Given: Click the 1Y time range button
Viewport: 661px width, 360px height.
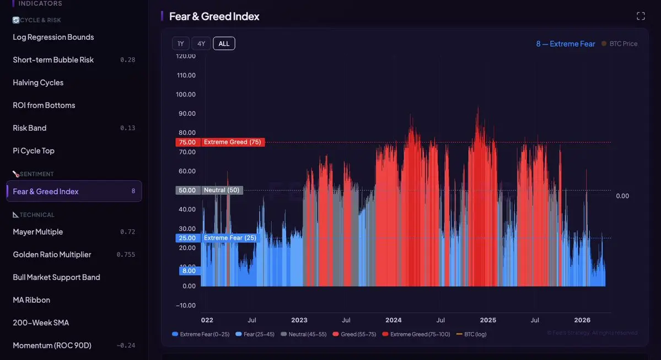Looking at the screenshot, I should (x=181, y=44).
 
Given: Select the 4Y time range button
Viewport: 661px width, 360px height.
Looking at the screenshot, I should (x=201, y=44).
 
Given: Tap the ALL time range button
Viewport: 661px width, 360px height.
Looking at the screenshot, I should (x=224, y=44).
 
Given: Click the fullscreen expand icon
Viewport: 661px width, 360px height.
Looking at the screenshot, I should (x=641, y=16).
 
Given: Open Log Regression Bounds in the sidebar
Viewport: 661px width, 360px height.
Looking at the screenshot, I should (x=53, y=37).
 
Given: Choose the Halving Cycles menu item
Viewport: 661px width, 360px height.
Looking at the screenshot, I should (x=38, y=83).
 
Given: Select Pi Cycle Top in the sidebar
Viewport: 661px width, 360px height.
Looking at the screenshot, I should (x=34, y=151).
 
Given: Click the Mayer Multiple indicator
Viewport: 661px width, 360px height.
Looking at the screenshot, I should (x=38, y=232).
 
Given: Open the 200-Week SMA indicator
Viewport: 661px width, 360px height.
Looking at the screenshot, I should (x=41, y=323).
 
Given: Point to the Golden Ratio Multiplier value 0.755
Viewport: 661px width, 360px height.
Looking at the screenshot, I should (x=126, y=255).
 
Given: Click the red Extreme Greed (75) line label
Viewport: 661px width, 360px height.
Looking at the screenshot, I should (x=232, y=142).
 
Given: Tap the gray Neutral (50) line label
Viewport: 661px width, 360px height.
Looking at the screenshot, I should (x=222, y=190).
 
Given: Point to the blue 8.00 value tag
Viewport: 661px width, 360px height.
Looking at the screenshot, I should (x=189, y=271).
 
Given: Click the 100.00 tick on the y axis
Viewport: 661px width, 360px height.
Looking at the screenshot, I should (x=186, y=94).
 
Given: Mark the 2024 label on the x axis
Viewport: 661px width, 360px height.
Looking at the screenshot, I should (x=394, y=320).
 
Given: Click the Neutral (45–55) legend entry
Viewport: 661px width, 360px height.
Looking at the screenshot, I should (x=303, y=334).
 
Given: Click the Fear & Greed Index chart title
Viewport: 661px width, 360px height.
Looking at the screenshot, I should (x=214, y=17).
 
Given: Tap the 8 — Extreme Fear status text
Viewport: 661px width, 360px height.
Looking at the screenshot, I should (x=566, y=44).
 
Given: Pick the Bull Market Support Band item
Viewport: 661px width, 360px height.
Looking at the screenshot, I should (x=56, y=277).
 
